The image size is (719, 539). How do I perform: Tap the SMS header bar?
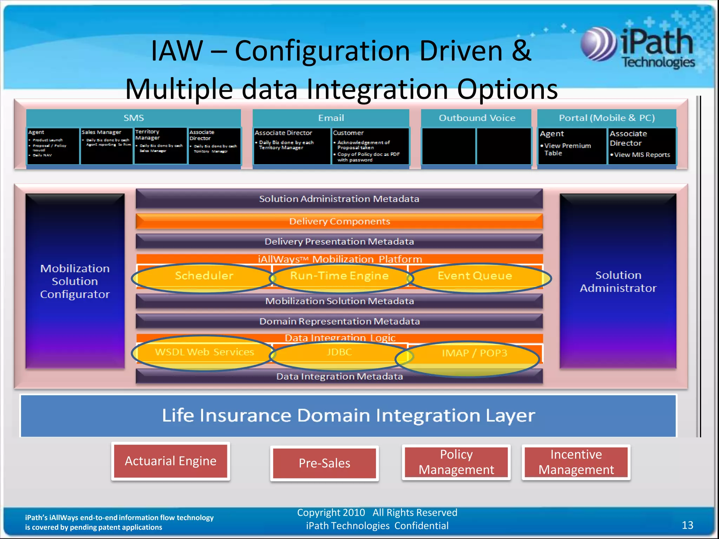[x=133, y=118]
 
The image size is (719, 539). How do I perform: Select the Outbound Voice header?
[x=477, y=118]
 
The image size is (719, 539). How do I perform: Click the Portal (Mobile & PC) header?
[x=607, y=118]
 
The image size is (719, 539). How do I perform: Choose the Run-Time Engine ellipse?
[x=339, y=277]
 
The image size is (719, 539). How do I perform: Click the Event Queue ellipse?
[x=477, y=277]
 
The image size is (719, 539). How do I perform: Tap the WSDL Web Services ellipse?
[x=204, y=353]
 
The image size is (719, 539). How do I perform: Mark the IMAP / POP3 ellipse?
[x=470, y=358]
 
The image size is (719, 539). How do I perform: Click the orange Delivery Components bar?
[x=339, y=221]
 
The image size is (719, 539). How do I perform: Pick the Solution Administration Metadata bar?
[x=339, y=199]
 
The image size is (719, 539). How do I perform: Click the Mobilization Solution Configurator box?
[x=75, y=281]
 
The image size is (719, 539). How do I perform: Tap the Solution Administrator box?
[x=618, y=281]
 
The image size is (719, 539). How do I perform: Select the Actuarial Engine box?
[x=171, y=461]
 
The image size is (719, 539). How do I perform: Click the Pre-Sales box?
[x=324, y=463]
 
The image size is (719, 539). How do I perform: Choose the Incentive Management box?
[x=576, y=462]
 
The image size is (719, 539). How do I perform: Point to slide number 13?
[x=687, y=525]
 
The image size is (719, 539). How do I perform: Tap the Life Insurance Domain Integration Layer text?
[x=348, y=415]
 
